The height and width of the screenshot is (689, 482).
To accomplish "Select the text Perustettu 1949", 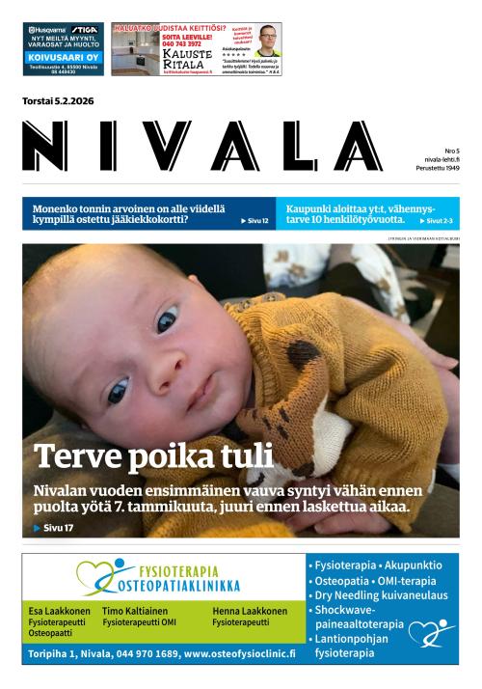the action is [438, 169].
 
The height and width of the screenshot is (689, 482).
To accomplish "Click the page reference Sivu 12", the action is [254, 221].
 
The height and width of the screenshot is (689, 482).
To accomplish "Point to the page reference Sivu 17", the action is [56, 528].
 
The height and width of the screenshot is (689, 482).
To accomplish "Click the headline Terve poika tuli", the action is [152, 455].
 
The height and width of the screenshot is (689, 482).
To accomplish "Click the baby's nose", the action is [145, 362].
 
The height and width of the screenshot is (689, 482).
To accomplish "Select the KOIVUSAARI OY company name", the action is [65, 58].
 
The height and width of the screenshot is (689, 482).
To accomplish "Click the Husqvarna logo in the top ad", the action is [49, 29].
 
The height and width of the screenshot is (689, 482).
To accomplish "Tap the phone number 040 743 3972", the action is [154, 43].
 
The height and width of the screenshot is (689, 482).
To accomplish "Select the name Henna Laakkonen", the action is [250, 611].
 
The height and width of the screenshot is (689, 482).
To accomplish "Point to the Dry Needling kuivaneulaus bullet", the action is [367, 595].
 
